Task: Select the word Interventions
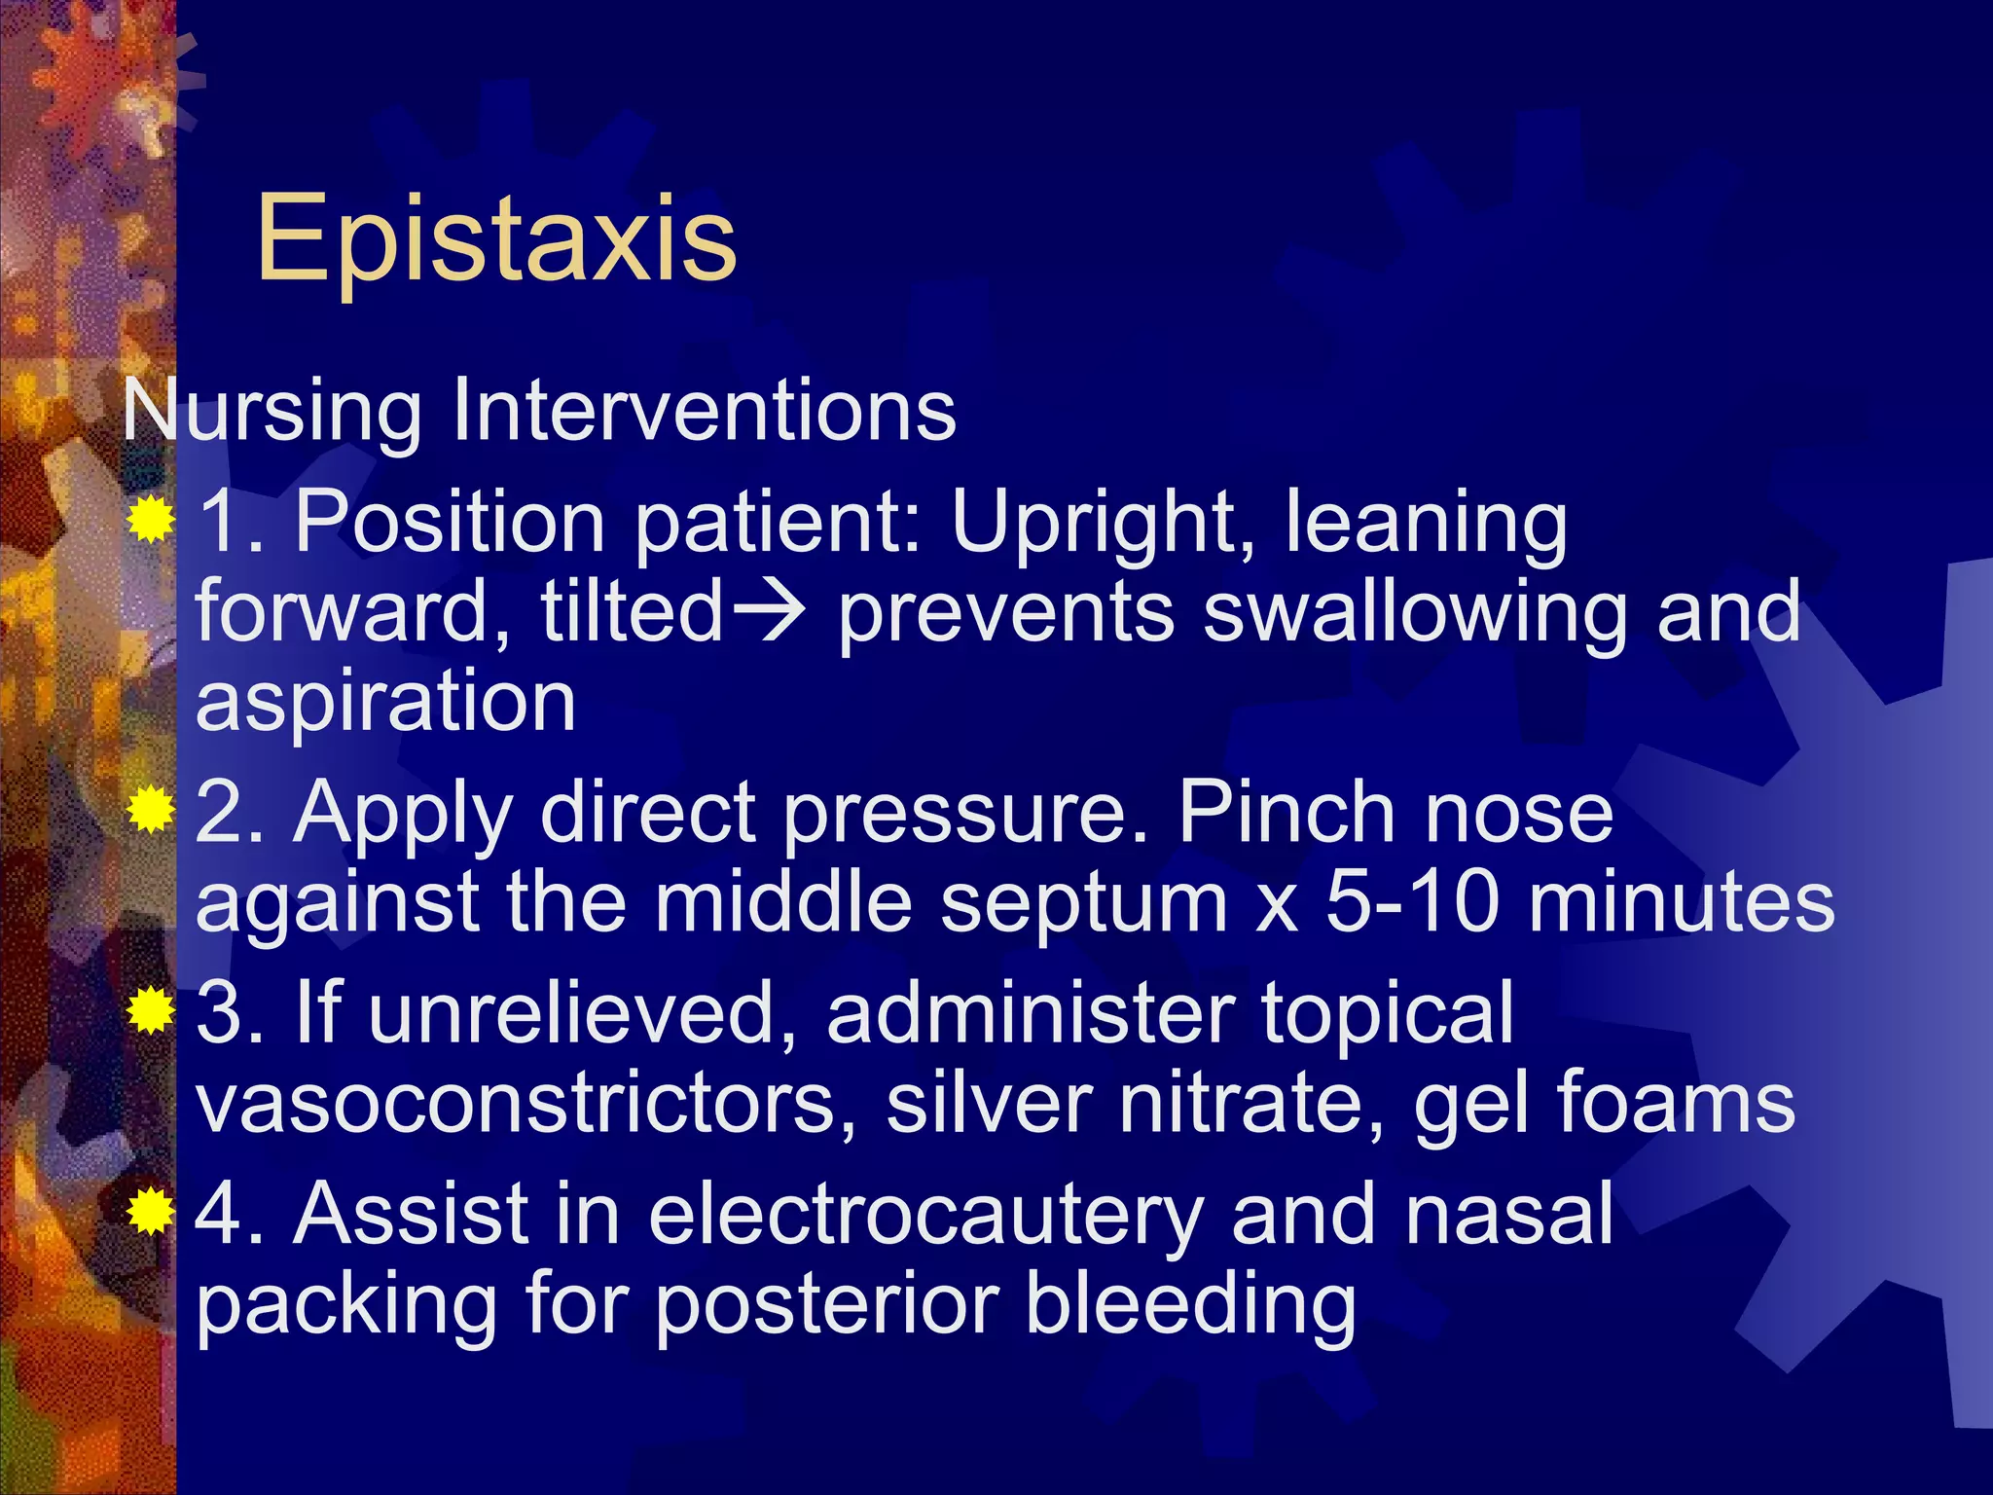(705, 410)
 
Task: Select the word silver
(989, 1103)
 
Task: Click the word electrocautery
(925, 1215)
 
